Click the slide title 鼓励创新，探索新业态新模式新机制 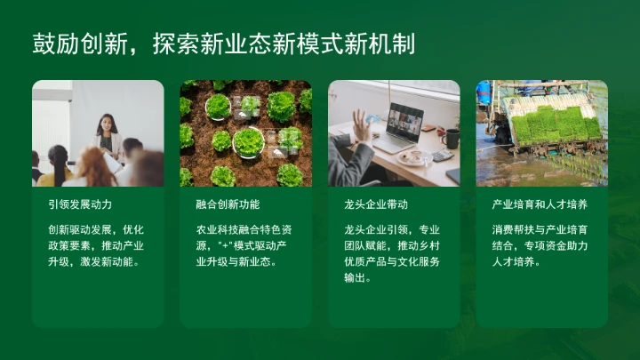pos(223,44)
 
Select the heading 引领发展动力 pos(80,204)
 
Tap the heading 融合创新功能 pos(228,204)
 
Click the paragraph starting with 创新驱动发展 pos(96,245)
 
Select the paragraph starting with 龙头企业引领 pos(391,253)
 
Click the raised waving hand pos(362,124)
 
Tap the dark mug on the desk pos(451,139)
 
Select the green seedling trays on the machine pos(556,124)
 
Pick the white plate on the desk pos(413,157)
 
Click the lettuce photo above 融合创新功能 pos(246,133)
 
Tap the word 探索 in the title pos(170,44)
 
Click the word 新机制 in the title pos(387,44)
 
